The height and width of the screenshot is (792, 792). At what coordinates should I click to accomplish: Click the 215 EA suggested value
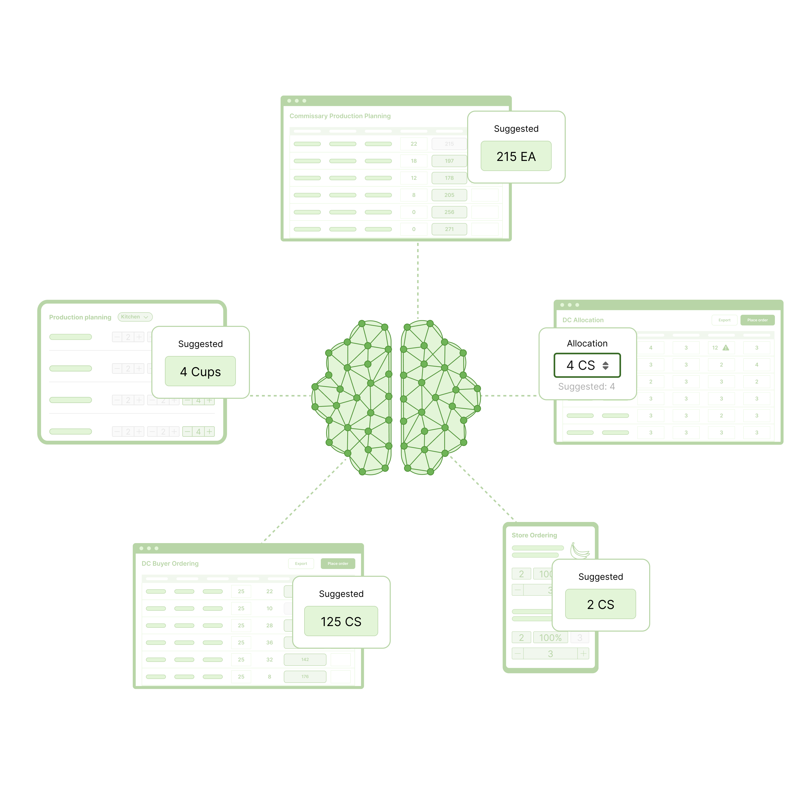(516, 156)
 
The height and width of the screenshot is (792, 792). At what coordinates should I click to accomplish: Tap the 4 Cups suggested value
(200, 371)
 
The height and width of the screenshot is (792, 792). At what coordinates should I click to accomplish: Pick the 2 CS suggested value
(600, 604)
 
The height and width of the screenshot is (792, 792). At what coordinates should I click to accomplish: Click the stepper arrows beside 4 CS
(605, 366)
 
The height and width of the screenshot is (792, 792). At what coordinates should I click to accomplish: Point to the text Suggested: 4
(586, 387)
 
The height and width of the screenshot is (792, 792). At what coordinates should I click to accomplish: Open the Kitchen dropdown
(135, 317)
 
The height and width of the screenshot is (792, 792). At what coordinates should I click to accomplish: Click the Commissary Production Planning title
(340, 116)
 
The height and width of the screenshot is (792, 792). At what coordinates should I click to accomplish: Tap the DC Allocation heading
(583, 320)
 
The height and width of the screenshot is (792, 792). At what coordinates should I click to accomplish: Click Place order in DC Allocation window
(757, 320)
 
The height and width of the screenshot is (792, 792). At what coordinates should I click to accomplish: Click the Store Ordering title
(534, 535)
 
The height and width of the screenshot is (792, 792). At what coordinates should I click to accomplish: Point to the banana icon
(580, 551)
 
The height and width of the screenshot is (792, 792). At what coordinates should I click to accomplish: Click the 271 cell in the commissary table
(449, 229)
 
